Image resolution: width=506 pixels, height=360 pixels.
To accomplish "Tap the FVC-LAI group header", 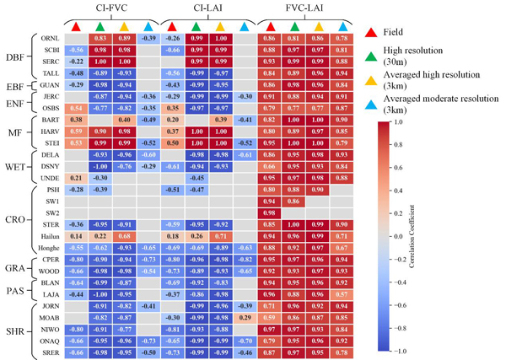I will pos(304,10).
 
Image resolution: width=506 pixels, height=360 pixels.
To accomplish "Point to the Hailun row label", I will pos(49,239).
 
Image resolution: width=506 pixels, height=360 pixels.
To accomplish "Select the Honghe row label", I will pos(48,250).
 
